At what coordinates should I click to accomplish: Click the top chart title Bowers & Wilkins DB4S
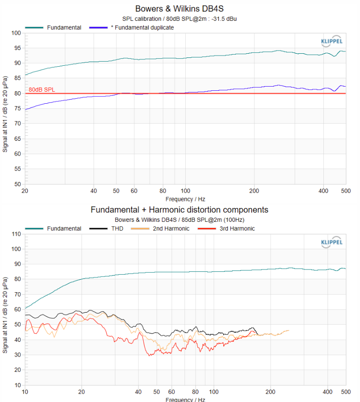pyautogui.click(x=180, y=9)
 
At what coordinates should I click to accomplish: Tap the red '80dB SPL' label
pyautogui.click(x=42, y=90)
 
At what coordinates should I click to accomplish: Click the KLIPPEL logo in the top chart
pyautogui.click(x=332, y=41)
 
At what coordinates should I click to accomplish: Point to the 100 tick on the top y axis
pyautogui.click(x=17, y=33)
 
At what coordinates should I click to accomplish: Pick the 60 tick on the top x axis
pyautogui.click(x=134, y=191)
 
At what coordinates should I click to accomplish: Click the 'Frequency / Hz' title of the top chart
pyautogui.click(x=185, y=199)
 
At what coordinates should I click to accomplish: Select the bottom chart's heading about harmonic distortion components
pyautogui.click(x=179, y=210)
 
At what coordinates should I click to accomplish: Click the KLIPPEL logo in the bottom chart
pyautogui.click(x=332, y=242)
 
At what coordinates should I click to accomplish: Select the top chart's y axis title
pyautogui.click(x=6, y=109)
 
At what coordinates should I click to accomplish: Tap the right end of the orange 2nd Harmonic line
pyautogui.click(x=289, y=330)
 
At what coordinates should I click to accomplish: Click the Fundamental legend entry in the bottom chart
pyautogui.click(x=63, y=228)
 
